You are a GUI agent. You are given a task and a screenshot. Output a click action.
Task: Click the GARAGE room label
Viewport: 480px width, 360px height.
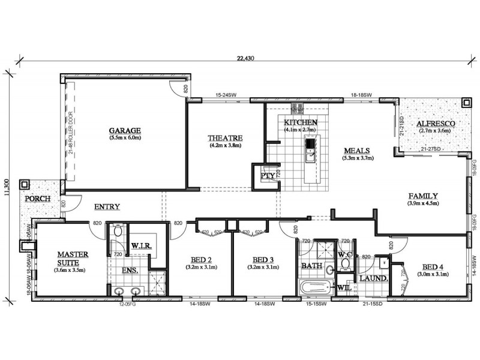coord(125,130)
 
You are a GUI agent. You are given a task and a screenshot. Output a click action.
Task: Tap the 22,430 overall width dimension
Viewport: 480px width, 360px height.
coord(246,58)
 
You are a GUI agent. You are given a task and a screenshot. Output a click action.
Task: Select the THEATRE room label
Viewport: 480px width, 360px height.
coord(224,137)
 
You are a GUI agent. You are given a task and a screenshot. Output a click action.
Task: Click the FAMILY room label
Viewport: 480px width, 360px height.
coord(423,196)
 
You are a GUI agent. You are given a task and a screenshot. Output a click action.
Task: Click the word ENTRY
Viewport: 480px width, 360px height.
coord(107,207)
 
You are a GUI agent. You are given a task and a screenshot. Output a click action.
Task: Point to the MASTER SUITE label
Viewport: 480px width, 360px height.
coord(73,258)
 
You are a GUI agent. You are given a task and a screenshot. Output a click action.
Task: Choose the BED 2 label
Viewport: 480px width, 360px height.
coord(201,259)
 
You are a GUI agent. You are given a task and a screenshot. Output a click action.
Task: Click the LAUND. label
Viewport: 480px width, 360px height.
coord(369,278)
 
